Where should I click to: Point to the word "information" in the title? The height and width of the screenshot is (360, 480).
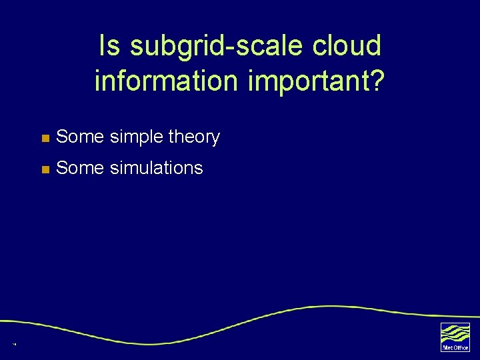(x=166, y=81)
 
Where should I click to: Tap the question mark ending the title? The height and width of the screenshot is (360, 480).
(x=377, y=81)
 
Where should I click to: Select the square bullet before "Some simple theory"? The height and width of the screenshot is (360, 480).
(x=45, y=138)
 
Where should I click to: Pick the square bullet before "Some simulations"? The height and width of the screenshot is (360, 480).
(x=45, y=169)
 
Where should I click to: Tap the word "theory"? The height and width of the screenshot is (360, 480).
(x=194, y=137)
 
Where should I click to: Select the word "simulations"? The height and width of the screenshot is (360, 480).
(x=156, y=168)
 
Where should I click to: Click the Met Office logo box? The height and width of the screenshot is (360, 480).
(x=455, y=337)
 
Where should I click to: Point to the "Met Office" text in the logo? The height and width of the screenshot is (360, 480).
(x=455, y=347)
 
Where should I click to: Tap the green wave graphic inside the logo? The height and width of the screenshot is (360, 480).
(x=455, y=333)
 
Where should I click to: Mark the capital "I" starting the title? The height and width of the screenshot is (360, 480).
(x=101, y=46)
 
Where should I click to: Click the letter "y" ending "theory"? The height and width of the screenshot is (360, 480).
(x=215, y=138)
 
